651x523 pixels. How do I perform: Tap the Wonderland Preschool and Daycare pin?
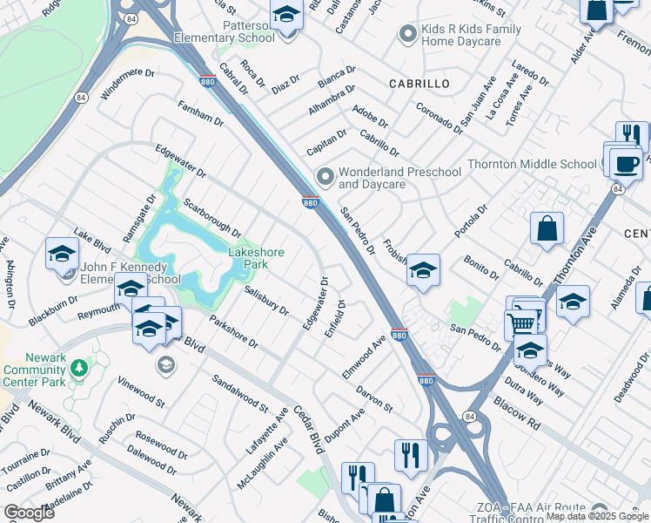coord(325,178)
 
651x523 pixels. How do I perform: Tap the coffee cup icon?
coord(624,163)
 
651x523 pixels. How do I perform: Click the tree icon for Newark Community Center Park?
coord(80,369)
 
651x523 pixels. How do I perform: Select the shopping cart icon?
coord(521,323)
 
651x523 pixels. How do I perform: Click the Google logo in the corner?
coord(29,512)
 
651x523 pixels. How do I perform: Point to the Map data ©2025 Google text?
coord(597,516)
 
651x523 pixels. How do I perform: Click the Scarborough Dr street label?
coord(211,217)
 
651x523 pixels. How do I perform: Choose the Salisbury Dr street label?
coord(266,301)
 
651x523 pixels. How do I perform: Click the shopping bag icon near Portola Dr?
coord(545,228)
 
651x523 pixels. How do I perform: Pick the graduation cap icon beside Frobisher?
coord(423,270)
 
